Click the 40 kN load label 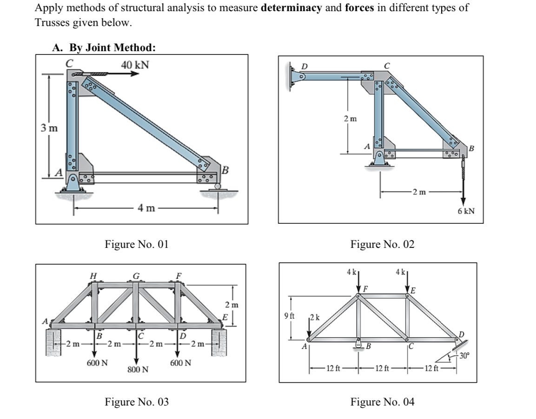point(135,65)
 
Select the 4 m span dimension point(146,208)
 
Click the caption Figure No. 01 point(137,244)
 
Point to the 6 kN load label point(466,211)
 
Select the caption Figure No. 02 point(382,244)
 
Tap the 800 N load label point(138,370)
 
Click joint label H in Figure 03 point(93,276)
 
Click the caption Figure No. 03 point(137,401)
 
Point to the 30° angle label point(464,356)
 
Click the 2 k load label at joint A point(315,318)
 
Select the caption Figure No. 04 point(382,401)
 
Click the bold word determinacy point(292,8)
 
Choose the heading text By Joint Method point(112,47)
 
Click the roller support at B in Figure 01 point(218,187)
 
